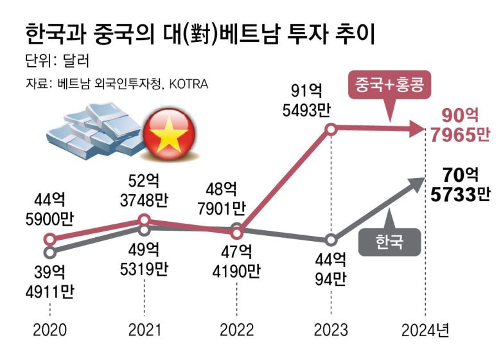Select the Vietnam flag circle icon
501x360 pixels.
167,136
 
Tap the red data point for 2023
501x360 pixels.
331,129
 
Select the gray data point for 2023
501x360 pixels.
331,240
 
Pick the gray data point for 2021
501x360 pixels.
145,228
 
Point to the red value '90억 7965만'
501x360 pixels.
458,125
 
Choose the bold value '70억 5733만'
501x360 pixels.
458,184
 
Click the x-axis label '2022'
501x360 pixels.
237,330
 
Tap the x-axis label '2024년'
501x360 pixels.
426,330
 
